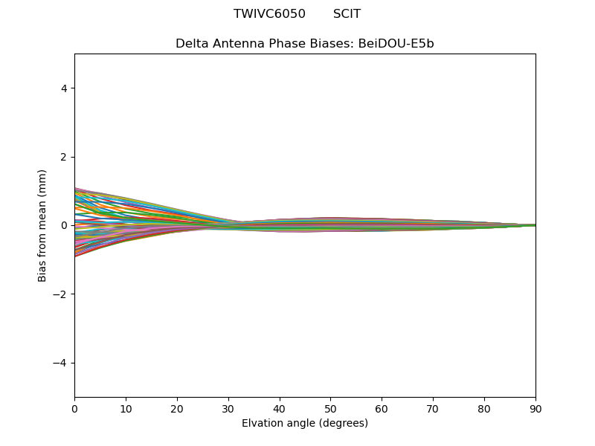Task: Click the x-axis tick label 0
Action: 74,408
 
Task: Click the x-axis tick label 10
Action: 126,408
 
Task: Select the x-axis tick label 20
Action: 177,408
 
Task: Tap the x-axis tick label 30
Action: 228,408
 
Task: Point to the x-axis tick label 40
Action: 280,408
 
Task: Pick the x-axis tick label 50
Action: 331,408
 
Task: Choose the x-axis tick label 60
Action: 382,408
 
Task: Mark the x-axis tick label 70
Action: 433,408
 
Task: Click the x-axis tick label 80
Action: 484,408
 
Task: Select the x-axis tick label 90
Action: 535,408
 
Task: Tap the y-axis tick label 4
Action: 64,88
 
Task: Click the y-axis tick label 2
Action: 64,157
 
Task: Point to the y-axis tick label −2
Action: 61,294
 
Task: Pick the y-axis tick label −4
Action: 61,363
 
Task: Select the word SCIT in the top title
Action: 347,14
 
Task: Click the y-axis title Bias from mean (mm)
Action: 42,225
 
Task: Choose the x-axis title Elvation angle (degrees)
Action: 305,424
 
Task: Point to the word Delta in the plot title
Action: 191,44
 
